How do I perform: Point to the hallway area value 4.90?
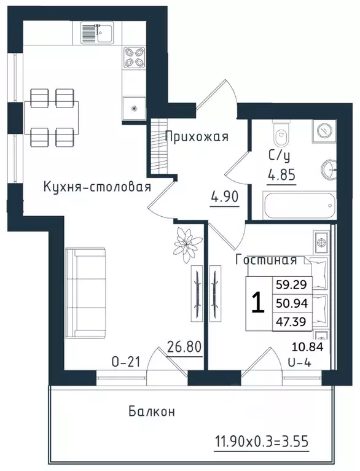224,199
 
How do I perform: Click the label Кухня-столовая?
96,187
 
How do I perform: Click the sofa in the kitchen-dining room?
85,293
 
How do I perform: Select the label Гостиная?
267,260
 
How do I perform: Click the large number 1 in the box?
259,303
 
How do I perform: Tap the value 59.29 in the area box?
295,285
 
